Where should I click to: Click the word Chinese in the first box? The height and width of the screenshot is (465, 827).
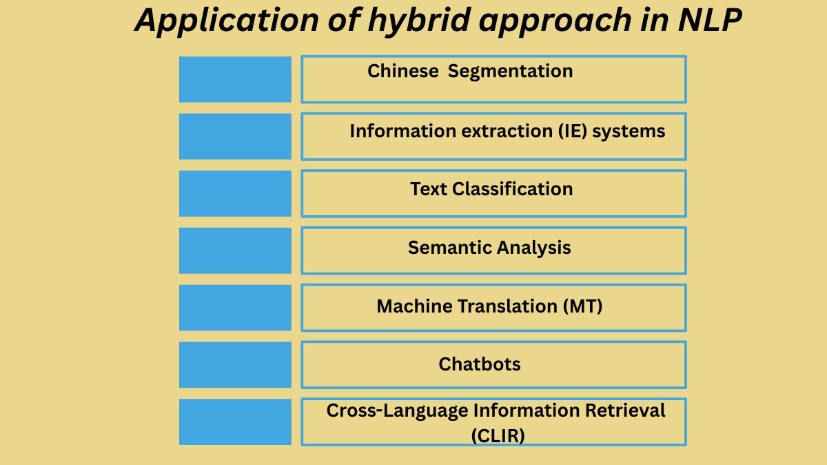coord(402,71)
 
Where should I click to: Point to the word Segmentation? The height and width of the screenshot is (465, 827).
coord(510,71)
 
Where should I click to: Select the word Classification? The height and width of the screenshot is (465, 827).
coord(512,189)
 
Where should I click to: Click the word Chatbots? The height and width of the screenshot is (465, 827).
coord(480,364)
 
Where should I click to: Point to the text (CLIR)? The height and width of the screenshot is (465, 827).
coord(498,436)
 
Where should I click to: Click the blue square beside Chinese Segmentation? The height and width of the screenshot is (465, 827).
coord(235,79)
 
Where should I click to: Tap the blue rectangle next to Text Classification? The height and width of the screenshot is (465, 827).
coord(235,193)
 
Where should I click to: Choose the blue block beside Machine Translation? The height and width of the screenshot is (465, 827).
coord(235,308)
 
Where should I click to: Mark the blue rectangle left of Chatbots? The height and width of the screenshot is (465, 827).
coord(235,365)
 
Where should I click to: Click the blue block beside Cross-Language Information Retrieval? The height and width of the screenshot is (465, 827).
coord(235,422)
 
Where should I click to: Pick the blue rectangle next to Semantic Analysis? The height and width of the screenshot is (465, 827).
coord(235,250)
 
